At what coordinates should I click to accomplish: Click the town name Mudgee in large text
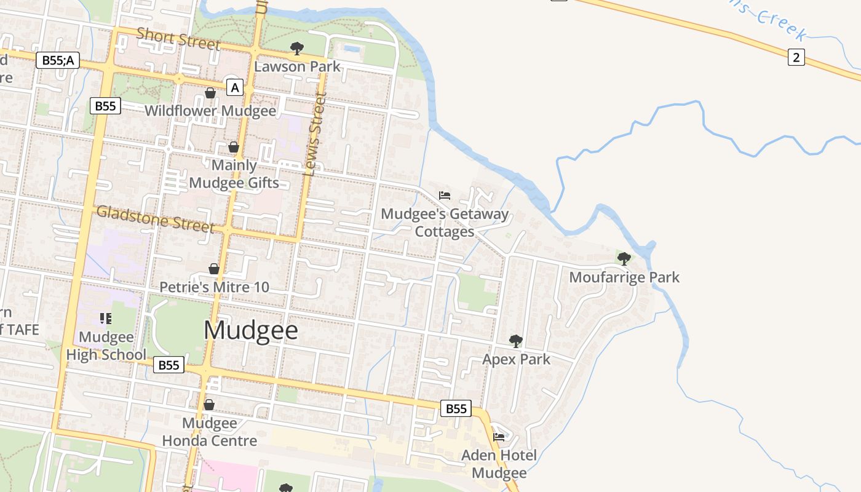pos(251,331)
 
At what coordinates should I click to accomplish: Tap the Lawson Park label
pos(297,66)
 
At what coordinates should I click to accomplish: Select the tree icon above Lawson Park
pos(297,49)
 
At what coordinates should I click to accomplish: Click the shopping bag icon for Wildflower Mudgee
pos(210,93)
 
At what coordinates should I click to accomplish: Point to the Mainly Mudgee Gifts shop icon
pos(234,147)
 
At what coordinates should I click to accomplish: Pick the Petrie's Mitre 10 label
pos(214,287)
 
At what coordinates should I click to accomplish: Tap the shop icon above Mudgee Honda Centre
pos(209,405)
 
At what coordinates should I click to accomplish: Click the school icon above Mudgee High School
pos(105,318)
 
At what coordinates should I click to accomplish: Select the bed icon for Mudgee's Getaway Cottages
pos(445,196)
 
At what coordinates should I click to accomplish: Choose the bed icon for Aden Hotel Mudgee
pos(499,437)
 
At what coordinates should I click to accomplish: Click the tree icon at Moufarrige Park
pos(624,259)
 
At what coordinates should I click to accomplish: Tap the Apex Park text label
pos(516,359)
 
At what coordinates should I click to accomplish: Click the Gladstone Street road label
pos(156,219)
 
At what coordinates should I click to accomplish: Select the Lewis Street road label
pos(314,135)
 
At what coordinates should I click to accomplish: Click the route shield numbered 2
pos(796,58)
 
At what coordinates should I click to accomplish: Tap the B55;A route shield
pos(58,60)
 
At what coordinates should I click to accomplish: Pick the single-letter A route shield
pos(234,88)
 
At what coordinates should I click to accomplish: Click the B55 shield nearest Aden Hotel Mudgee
pos(456,408)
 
